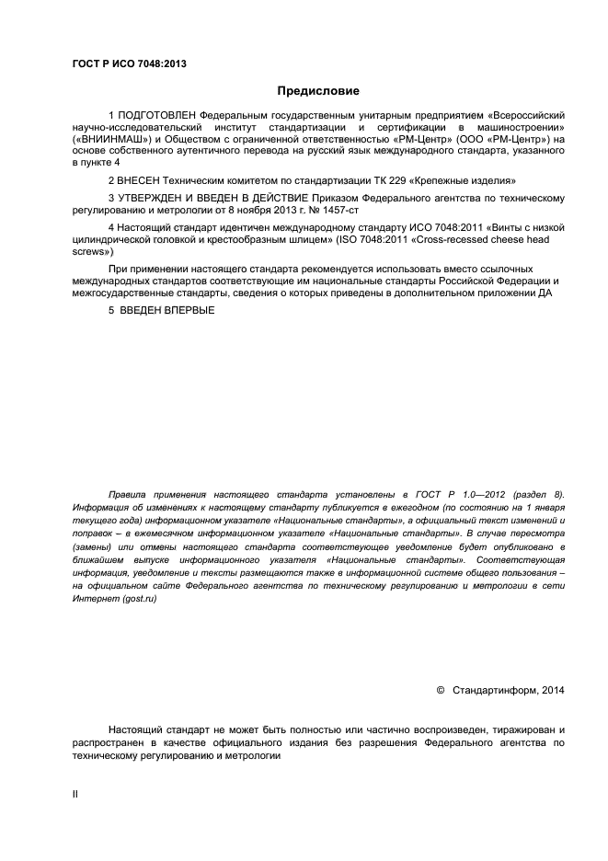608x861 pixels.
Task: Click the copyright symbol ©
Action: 439,689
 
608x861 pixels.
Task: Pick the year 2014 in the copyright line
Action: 554,689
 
